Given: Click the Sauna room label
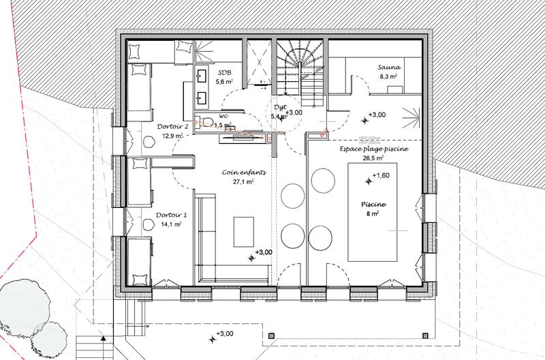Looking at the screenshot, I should pos(391,67).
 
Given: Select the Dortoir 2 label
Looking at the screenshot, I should pos(159,126).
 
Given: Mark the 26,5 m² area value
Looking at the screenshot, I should pos(371,157).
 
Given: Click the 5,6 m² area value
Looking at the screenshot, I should pos(224,82).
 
